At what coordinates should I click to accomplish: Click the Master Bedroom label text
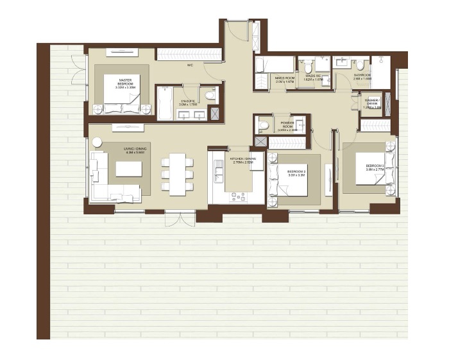point(126,81)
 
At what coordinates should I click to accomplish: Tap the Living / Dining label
point(134,150)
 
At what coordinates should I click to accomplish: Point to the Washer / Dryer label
point(373,103)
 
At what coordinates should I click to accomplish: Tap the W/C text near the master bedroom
point(191,65)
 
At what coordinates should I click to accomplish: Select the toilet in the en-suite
point(208,96)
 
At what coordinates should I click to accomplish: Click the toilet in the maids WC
point(307,67)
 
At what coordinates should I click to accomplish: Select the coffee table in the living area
point(128,169)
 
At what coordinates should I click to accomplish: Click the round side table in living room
point(98,143)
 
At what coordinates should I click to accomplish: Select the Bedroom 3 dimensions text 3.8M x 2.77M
point(374,169)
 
